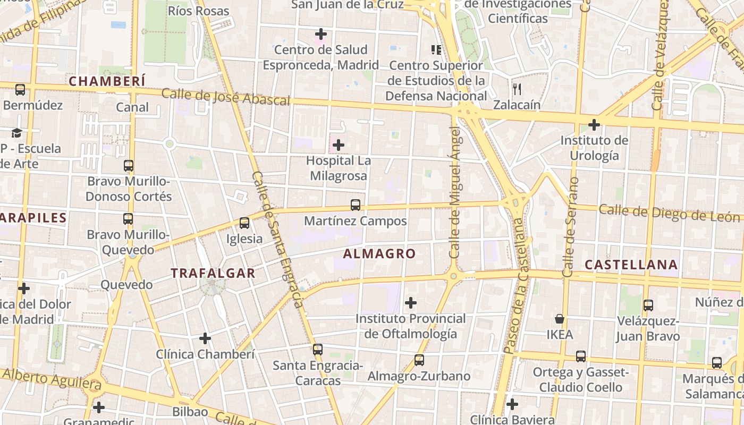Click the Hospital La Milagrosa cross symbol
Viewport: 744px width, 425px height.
coord(339,144)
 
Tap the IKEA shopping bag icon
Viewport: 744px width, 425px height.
coord(560,319)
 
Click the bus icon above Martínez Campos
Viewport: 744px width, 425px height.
coord(356,205)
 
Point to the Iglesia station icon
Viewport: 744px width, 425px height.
coord(244,223)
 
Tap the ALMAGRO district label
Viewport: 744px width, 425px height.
coord(379,254)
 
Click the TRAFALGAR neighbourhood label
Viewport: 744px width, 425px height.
coord(213,273)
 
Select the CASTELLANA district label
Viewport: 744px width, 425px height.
coord(631,265)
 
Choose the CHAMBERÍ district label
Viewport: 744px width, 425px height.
coord(107,81)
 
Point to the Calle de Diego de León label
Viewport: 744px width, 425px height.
coord(669,213)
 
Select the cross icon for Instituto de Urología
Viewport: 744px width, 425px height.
coord(594,125)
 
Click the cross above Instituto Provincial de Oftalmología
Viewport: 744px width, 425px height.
coord(410,303)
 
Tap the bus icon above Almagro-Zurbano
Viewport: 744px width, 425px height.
coord(419,361)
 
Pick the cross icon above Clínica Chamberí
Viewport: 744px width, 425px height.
coord(205,338)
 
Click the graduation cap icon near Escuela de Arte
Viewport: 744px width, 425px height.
coord(17,133)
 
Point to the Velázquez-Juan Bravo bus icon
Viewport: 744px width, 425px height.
coord(648,305)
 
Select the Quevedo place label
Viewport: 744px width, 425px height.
coord(126,285)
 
